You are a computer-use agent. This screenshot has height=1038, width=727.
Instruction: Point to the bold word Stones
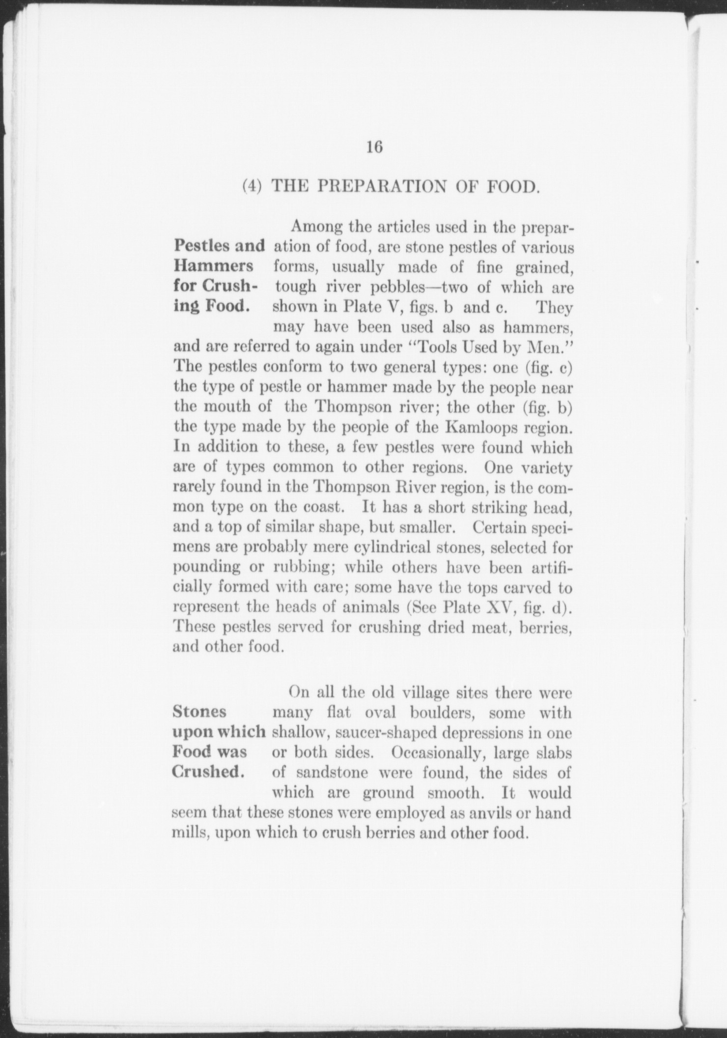tap(199, 712)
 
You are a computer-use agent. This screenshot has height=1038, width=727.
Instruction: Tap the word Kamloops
tap(482, 427)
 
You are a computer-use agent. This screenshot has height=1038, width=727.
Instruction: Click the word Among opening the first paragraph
tap(317, 227)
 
